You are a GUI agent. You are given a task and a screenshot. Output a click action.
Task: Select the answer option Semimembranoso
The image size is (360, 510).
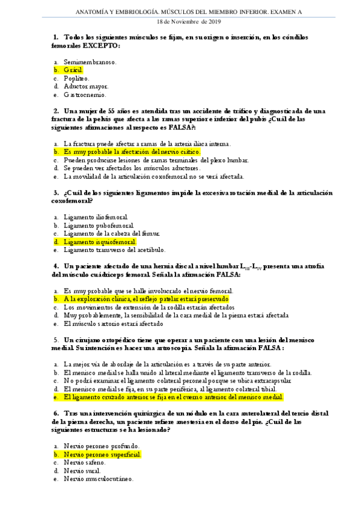tap(90, 61)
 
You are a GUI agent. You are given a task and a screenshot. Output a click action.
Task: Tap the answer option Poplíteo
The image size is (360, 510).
tap(76, 78)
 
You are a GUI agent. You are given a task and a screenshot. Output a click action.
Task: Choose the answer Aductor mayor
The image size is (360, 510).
tap(86, 86)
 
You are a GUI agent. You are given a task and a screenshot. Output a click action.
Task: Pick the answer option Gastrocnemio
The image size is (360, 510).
tap(85, 94)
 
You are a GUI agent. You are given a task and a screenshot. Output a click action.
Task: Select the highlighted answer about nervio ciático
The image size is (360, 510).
tap(132, 152)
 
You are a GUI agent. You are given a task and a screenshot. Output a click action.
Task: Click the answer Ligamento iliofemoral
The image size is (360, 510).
tap(96, 217)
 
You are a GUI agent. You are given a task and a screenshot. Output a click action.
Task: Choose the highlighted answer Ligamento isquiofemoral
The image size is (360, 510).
tap(99, 242)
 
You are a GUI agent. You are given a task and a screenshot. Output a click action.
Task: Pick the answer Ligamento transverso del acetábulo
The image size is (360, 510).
tap(114, 250)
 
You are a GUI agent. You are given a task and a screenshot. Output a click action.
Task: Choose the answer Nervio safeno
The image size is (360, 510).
tap(84, 463)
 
